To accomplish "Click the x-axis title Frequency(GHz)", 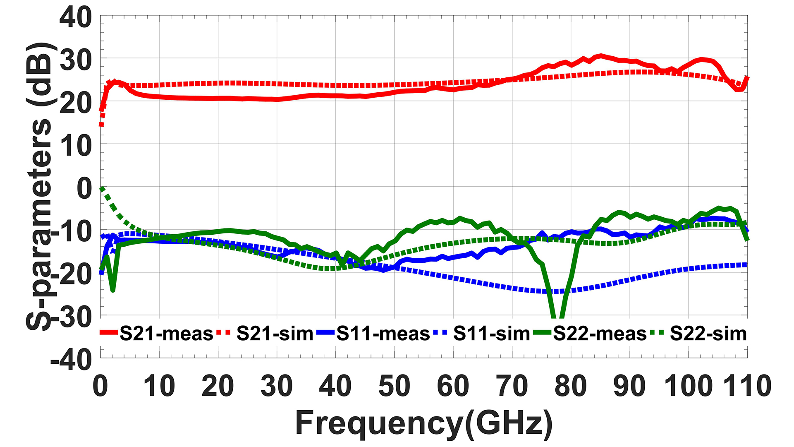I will [424, 423].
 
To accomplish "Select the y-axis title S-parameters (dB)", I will [39, 186].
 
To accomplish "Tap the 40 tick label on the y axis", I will [76, 18].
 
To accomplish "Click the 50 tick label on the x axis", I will [394, 386].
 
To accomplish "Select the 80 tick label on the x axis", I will [571, 386].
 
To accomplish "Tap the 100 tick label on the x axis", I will [688, 386].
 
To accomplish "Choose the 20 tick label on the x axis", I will [218, 386].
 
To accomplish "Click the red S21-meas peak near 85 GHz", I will [600, 55].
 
